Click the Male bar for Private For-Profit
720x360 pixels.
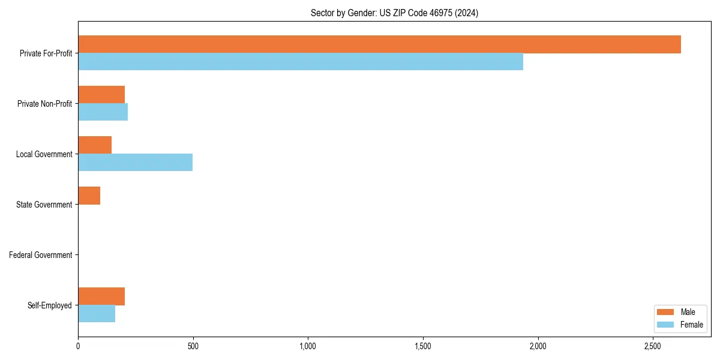point(379,44)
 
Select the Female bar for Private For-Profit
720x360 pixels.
point(301,62)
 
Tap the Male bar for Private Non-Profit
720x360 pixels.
point(101,95)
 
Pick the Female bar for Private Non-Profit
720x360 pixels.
point(103,112)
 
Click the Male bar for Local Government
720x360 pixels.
point(95,145)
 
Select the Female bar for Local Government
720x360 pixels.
point(135,163)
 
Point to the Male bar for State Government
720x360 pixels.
point(89,196)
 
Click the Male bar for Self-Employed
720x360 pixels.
point(101,296)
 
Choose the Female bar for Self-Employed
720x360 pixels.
point(97,314)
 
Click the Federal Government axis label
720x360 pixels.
point(41,255)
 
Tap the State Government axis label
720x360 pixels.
point(44,205)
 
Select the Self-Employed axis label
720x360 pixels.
point(50,305)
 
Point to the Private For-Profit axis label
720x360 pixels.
point(46,53)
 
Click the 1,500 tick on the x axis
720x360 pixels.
point(423,347)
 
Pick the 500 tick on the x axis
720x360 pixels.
point(193,347)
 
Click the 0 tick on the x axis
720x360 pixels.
point(78,347)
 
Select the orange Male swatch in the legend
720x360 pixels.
point(666,312)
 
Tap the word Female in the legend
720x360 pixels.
point(691,325)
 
